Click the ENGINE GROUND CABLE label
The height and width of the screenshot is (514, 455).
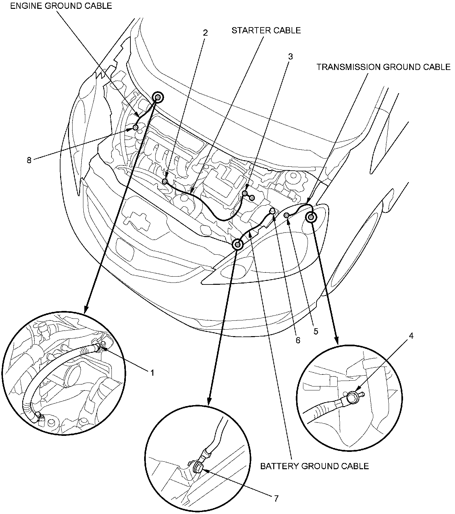(61, 6)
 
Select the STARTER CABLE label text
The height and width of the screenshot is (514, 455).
(266, 30)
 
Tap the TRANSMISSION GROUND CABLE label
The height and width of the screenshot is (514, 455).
(383, 67)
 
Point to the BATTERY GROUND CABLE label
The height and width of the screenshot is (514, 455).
(314, 466)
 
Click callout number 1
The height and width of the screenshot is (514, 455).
(152, 372)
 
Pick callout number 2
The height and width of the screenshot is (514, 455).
(205, 33)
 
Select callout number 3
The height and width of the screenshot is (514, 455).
(290, 57)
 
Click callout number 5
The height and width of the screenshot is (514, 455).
(315, 331)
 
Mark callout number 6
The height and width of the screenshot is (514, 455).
(297, 340)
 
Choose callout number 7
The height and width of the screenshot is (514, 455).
(276, 498)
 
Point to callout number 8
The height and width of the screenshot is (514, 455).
(29, 160)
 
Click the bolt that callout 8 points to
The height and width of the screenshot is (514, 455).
(135, 127)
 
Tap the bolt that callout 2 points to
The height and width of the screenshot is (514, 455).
(165, 181)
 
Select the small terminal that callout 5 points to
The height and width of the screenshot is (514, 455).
(286, 215)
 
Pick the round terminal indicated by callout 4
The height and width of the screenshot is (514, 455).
(352, 397)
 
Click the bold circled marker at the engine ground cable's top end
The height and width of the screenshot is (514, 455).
(158, 97)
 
